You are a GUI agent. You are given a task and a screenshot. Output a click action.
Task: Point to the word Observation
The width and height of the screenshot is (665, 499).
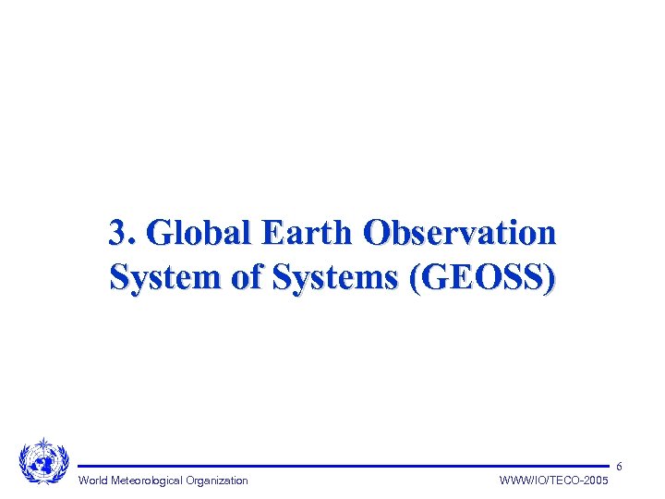click(x=460, y=233)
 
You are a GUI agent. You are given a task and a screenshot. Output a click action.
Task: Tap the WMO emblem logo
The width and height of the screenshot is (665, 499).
click(x=43, y=460)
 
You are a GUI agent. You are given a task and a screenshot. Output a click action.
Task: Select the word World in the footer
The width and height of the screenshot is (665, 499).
click(x=94, y=481)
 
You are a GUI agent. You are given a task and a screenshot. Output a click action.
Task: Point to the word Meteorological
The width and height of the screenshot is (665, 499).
click(x=148, y=481)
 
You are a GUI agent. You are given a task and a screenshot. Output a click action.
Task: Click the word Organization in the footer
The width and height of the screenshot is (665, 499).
click(x=216, y=481)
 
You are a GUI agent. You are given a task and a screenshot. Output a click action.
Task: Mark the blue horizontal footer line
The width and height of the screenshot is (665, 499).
click(x=342, y=466)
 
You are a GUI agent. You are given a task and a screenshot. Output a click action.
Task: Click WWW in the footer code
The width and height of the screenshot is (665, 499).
click(x=513, y=481)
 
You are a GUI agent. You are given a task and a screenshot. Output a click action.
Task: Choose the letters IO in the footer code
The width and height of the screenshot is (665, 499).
click(x=537, y=481)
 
